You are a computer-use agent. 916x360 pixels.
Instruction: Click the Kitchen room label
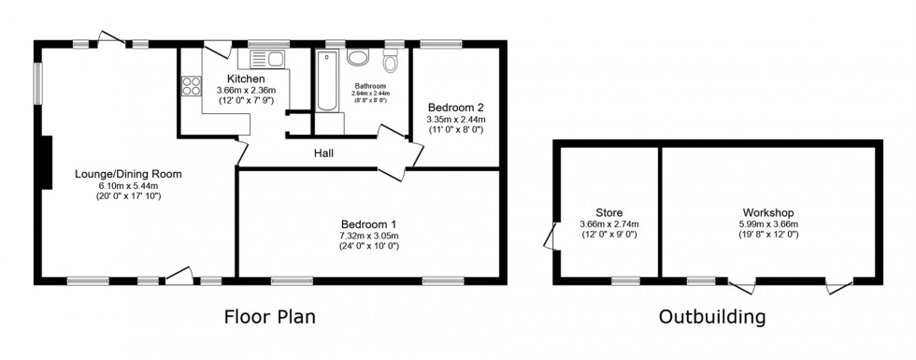[246, 79]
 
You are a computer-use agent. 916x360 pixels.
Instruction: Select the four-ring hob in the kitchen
[191, 85]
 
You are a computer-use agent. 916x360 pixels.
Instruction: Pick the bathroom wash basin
[357, 56]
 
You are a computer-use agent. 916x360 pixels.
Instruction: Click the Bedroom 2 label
[455, 108]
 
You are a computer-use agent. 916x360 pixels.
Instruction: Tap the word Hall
[324, 153]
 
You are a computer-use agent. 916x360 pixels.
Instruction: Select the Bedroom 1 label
[368, 223]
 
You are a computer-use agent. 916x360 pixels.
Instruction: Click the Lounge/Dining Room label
[128, 174]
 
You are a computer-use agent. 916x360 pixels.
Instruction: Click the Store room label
[608, 212]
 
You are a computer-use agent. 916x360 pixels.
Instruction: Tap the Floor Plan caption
[269, 316]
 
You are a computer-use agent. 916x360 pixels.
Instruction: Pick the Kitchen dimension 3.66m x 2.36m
[246, 90]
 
